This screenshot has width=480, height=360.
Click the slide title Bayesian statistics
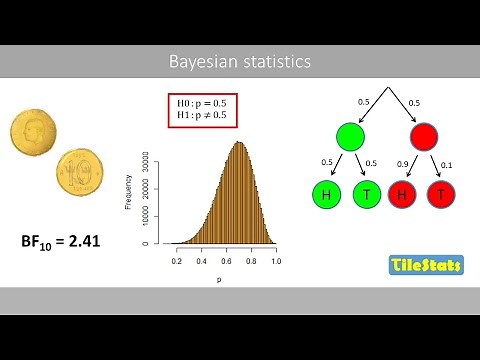(x=239, y=62)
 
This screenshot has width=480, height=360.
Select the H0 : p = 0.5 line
(x=206, y=103)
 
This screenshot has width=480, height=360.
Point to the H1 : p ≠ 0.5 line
(x=206, y=117)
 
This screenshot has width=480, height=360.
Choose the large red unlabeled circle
(x=424, y=137)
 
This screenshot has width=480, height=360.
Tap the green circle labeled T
(x=368, y=194)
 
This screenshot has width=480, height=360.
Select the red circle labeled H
(x=401, y=194)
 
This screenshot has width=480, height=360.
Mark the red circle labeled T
(x=441, y=194)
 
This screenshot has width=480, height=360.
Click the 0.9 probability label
(x=401, y=163)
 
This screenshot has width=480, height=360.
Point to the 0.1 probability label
(x=447, y=163)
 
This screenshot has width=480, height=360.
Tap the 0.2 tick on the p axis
(x=177, y=259)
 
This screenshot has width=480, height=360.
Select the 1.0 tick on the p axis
(x=275, y=259)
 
